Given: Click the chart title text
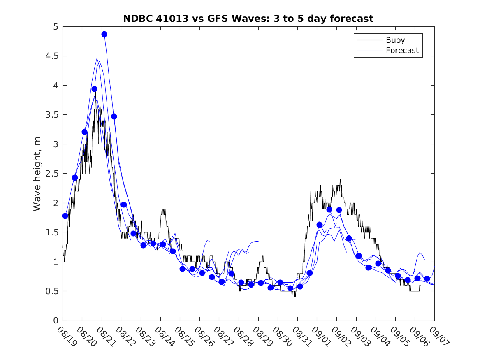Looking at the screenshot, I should (x=248, y=19).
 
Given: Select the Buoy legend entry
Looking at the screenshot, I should (x=395, y=40).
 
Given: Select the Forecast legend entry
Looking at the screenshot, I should (x=402, y=51).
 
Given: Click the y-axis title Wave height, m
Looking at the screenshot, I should (x=37, y=174).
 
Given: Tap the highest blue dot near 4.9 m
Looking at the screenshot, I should (x=104, y=34).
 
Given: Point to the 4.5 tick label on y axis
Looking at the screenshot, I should (x=52, y=56).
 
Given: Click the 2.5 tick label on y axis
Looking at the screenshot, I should (x=52, y=174).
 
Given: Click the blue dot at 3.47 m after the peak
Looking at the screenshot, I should (x=114, y=116).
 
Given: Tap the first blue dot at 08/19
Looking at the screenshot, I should (x=65, y=216).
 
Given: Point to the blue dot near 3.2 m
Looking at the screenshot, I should (x=84, y=132).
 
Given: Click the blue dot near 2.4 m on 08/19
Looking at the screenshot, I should (x=75, y=178).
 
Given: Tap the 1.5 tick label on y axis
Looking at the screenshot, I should (x=52, y=232).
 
